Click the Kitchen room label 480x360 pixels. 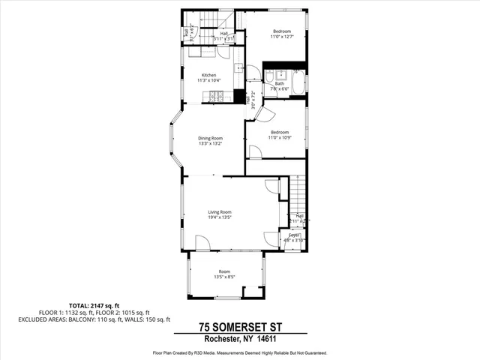click(208, 75)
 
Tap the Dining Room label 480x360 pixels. click(210, 138)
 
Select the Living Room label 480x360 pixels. click(220, 212)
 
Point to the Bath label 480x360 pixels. click(279, 83)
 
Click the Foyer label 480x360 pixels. click(295, 235)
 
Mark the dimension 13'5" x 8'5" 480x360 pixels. click(224, 277)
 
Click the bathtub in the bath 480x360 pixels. click(297, 84)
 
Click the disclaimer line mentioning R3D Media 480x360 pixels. click(240, 352)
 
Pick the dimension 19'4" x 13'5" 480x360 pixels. click(220, 217)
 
